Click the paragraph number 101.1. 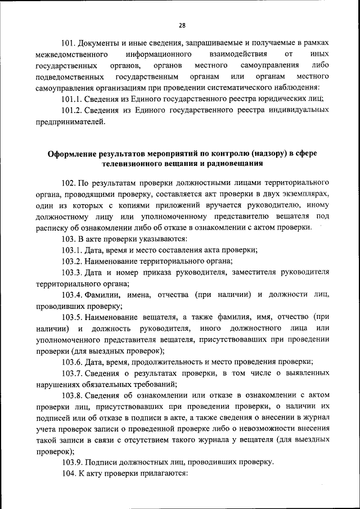[73, 98]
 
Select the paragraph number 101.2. [73, 110]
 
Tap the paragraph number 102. [69, 183]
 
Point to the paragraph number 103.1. [73, 250]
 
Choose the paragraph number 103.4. [73, 295]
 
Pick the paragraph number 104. [69, 474]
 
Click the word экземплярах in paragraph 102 [304, 194]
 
